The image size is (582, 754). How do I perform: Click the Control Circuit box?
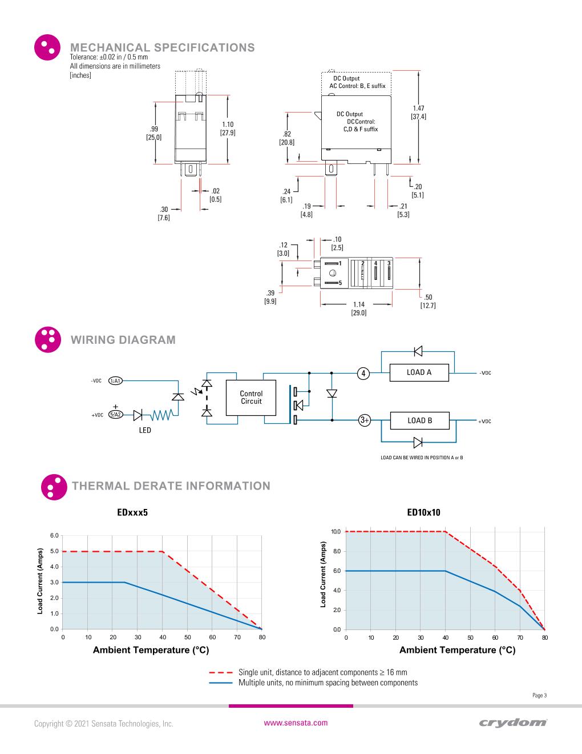(x=251, y=398)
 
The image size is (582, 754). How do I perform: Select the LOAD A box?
(x=419, y=372)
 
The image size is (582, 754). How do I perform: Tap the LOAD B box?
(x=419, y=421)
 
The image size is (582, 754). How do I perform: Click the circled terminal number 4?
(x=363, y=373)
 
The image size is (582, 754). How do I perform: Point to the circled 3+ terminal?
(x=364, y=420)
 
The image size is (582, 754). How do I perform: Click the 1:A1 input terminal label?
(x=116, y=381)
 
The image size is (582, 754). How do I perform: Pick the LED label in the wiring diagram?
(x=145, y=430)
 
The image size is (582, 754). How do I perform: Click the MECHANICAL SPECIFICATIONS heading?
(x=162, y=47)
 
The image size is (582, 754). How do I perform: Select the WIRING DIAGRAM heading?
(x=123, y=340)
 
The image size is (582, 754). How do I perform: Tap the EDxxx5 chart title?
(x=132, y=512)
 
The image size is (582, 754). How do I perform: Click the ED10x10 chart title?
(x=423, y=512)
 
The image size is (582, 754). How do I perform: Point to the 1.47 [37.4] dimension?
(x=418, y=113)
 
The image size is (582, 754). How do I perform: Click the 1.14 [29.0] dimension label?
(x=359, y=308)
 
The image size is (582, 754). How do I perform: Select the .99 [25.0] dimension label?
(x=154, y=133)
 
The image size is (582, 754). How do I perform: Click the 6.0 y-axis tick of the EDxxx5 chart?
(x=54, y=535)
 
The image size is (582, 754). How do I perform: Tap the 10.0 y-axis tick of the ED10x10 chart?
(x=336, y=532)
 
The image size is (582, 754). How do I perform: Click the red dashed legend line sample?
(x=220, y=672)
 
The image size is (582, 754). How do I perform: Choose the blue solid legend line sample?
(x=220, y=683)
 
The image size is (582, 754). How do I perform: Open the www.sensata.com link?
(x=296, y=723)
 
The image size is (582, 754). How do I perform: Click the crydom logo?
(x=513, y=723)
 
